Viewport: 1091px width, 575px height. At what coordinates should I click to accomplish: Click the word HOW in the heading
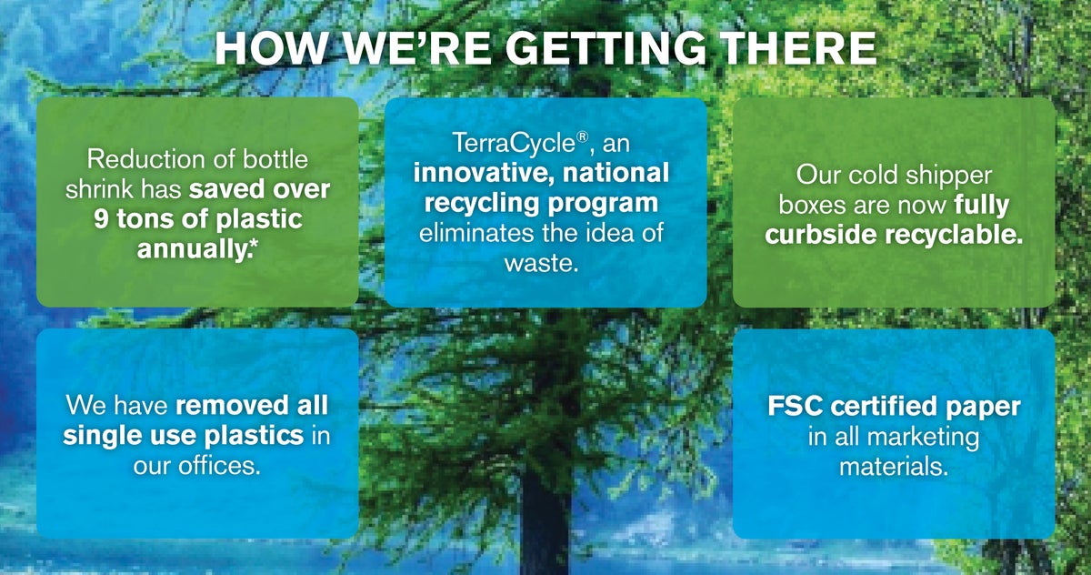coord(271,49)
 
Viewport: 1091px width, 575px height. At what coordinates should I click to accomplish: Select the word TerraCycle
coord(514,144)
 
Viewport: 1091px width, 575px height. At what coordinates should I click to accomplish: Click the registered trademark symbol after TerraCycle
coord(583,137)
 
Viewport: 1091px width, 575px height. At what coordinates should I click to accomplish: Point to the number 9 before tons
coord(101,218)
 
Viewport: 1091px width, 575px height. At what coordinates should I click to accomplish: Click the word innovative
coord(480,173)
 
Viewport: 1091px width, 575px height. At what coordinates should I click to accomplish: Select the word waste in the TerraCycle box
coord(541,263)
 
